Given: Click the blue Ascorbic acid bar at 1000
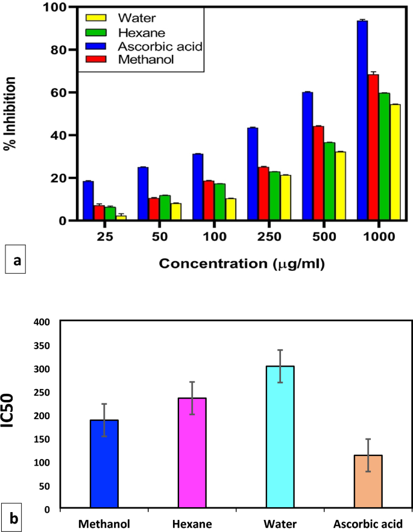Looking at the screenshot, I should (362, 121).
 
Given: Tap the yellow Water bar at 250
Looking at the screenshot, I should (285, 198).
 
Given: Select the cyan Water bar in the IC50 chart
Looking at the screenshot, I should (280, 437).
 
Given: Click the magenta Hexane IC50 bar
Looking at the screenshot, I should (192, 452).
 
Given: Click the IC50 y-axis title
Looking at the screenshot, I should (13, 416).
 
